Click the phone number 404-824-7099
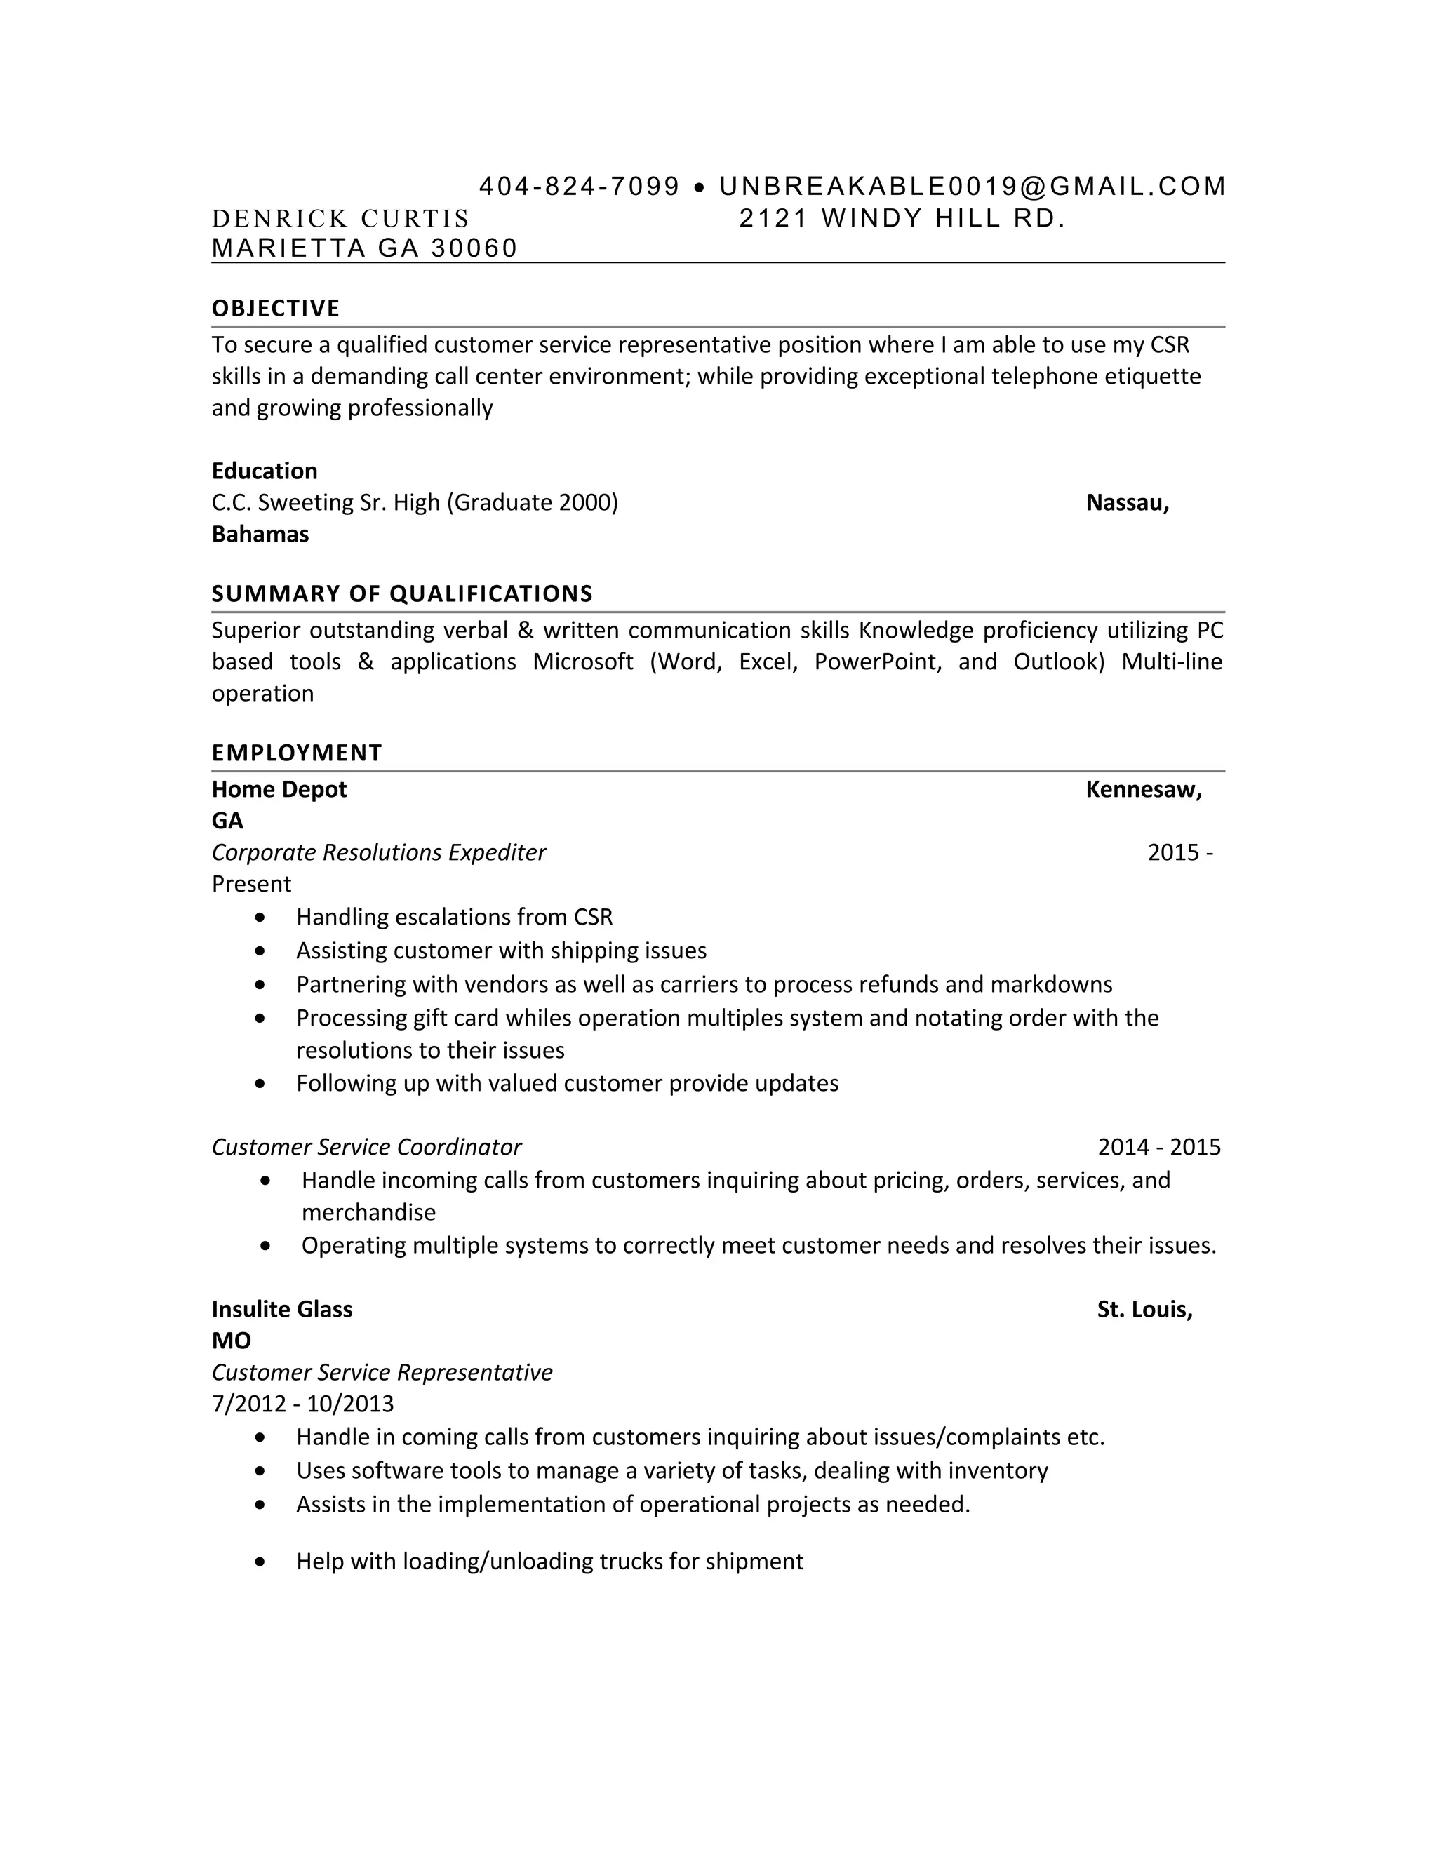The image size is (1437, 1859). point(579,187)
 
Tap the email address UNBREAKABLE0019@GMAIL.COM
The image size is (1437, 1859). point(973,187)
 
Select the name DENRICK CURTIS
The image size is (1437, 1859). point(340,219)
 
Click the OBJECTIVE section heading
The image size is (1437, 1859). point(275,308)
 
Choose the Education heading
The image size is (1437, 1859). point(264,471)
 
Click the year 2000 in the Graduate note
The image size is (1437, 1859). point(585,502)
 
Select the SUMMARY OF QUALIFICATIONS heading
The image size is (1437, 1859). point(402,593)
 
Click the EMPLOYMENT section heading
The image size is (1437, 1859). point(296,753)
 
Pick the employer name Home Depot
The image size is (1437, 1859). point(279,789)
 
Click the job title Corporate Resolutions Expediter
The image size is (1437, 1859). point(379,852)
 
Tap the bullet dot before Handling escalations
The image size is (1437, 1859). point(260,918)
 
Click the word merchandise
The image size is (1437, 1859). point(368,1212)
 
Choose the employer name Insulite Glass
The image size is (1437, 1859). point(282,1309)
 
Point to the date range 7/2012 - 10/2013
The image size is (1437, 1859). point(302,1404)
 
